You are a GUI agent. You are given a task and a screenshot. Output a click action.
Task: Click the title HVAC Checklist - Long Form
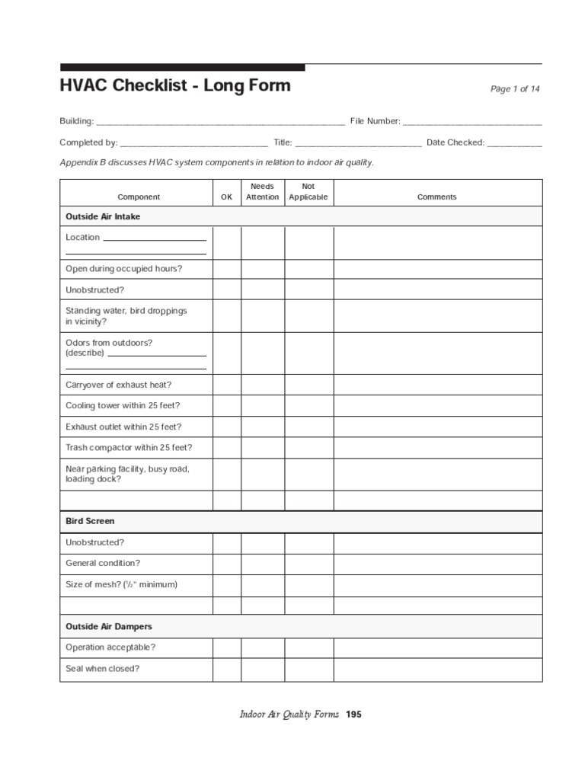tap(175, 85)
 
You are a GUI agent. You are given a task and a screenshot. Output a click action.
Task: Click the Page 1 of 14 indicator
tap(515, 89)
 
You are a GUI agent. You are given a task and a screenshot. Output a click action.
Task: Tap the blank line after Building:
tap(221, 122)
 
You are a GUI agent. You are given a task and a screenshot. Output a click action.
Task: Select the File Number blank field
tap(472, 122)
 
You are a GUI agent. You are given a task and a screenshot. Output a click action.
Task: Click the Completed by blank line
tap(194, 143)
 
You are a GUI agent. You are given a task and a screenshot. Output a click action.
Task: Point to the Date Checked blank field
tap(514, 143)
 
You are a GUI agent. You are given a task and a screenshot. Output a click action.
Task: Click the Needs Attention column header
tap(262, 192)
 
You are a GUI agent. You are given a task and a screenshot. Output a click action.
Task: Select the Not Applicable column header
tap(308, 192)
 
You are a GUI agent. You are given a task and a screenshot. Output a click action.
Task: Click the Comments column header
tap(437, 197)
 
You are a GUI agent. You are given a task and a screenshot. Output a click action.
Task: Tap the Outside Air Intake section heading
tap(103, 217)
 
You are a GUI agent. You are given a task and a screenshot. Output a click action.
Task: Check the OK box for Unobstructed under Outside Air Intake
tap(226, 290)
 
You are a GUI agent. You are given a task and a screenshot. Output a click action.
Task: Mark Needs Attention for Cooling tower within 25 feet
tap(263, 406)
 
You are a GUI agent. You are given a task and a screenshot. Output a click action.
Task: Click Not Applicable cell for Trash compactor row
tap(308, 448)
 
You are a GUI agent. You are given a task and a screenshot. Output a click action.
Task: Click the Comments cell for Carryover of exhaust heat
tap(437, 385)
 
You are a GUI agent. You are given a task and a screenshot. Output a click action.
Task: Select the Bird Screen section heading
tap(90, 522)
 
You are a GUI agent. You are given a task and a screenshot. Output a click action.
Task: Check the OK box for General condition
tap(226, 564)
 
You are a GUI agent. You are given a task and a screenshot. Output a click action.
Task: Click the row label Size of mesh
tap(121, 585)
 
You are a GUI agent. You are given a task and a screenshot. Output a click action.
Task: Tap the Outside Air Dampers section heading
tap(108, 627)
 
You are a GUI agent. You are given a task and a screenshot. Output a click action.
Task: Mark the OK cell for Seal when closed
tap(226, 670)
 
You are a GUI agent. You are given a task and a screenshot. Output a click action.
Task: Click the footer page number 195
tap(353, 715)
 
